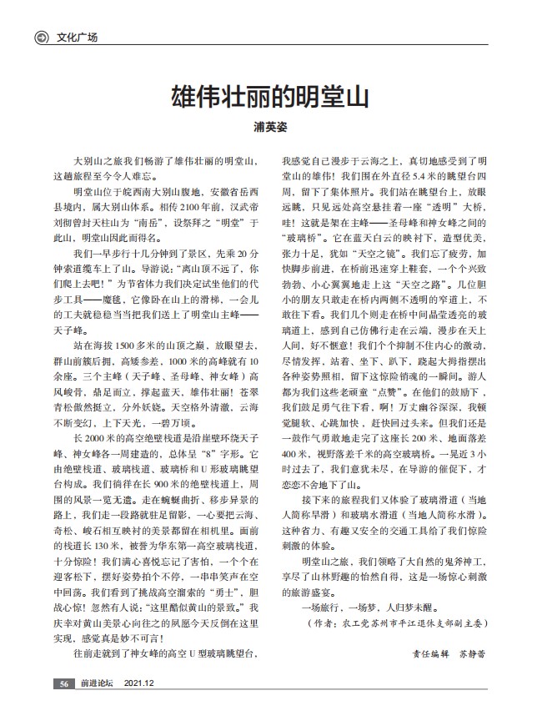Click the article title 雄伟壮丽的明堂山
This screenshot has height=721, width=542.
(270, 93)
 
